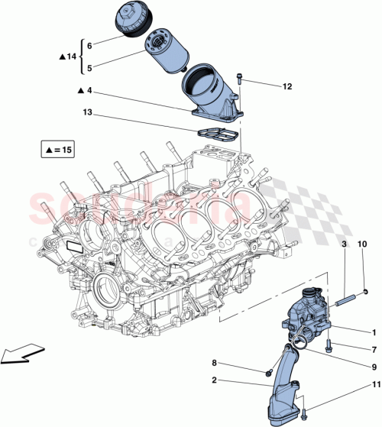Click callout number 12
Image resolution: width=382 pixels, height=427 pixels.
[x=287, y=86]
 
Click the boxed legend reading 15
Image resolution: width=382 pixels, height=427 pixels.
[x=60, y=150]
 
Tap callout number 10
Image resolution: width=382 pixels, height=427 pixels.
[x=362, y=243]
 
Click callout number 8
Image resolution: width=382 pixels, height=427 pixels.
[x=215, y=363]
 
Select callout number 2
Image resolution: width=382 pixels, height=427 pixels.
[x=215, y=380]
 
